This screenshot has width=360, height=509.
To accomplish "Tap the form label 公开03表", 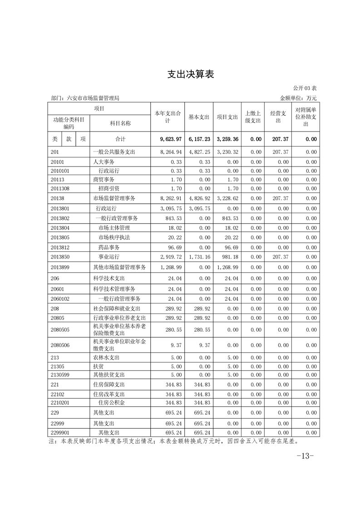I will (x=305, y=88).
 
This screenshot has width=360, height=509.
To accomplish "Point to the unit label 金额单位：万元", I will (x=298, y=98).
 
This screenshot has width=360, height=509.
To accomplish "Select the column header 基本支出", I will (x=199, y=117).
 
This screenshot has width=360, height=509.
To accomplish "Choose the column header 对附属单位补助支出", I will (x=306, y=117).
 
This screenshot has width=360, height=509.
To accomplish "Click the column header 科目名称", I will (x=120, y=123).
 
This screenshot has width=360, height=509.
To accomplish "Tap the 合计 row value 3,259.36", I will (x=227, y=139).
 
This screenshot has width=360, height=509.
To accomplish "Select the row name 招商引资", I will (x=109, y=188).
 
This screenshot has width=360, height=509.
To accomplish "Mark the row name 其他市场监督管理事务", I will (x=120, y=267).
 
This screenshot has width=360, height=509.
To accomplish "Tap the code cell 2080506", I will (x=60, y=345).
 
